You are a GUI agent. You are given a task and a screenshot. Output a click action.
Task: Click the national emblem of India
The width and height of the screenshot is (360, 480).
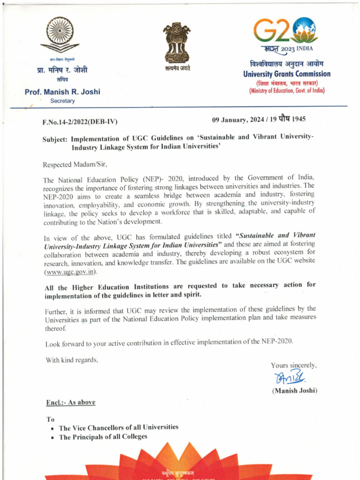[x=177, y=43]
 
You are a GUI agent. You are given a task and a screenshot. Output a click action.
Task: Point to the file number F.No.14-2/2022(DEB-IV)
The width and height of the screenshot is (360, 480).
[x=80, y=122]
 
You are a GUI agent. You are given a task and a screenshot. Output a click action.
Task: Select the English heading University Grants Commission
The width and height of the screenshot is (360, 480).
[x=286, y=74]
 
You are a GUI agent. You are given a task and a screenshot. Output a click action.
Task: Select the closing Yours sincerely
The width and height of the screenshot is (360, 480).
[x=293, y=365]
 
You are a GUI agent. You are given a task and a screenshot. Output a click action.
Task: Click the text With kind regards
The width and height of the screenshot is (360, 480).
[x=71, y=360]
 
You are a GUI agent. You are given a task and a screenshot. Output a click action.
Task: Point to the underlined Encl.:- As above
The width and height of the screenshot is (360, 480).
[x=70, y=403]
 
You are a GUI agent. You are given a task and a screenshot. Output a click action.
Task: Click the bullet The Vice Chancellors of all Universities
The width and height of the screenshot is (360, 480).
[x=118, y=427]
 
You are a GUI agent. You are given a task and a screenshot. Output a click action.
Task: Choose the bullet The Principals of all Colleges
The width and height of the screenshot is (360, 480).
[x=103, y=436]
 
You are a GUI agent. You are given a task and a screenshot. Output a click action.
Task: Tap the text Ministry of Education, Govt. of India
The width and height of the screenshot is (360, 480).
[x=286, y=90]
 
